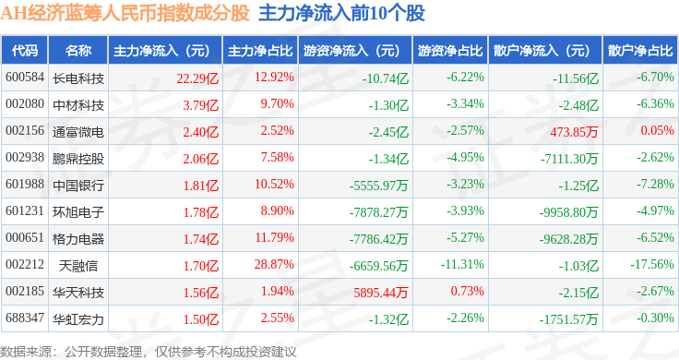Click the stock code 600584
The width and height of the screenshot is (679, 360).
(x=25, y=78)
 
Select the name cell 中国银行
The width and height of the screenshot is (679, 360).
(x=78, y=185)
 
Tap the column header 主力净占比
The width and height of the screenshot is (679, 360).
(x=260, y=51)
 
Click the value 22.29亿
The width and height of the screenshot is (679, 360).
(x=197, y=78)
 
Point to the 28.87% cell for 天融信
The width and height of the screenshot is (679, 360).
(x=274, y=264)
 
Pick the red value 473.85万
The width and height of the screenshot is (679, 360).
(x=574, y=132)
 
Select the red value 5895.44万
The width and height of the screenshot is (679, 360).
(x=381, y=293)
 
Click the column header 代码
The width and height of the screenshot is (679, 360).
(x=25, y=51)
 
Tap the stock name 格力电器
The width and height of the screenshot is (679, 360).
(x=78, y=239)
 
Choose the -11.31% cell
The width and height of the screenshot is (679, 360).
(x=462, y=264)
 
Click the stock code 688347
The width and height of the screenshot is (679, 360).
(x=25, y=318)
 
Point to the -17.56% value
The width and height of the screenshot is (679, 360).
(x=652, y=264)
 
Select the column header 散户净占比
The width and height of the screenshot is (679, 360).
(x=640, y=51)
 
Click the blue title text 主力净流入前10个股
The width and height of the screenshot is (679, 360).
(x=341, y=14)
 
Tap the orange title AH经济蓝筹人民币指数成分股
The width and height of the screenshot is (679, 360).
(x=125, y=14)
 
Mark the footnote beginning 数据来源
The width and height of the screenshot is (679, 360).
(x=149, y=352)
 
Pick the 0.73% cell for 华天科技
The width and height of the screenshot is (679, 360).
(x=467, y=291)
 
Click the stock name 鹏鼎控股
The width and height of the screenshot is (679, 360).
(x=78, y=159)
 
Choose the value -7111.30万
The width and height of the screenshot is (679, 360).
(x=569, y=159)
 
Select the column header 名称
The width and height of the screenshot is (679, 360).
(x=78, y=51)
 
